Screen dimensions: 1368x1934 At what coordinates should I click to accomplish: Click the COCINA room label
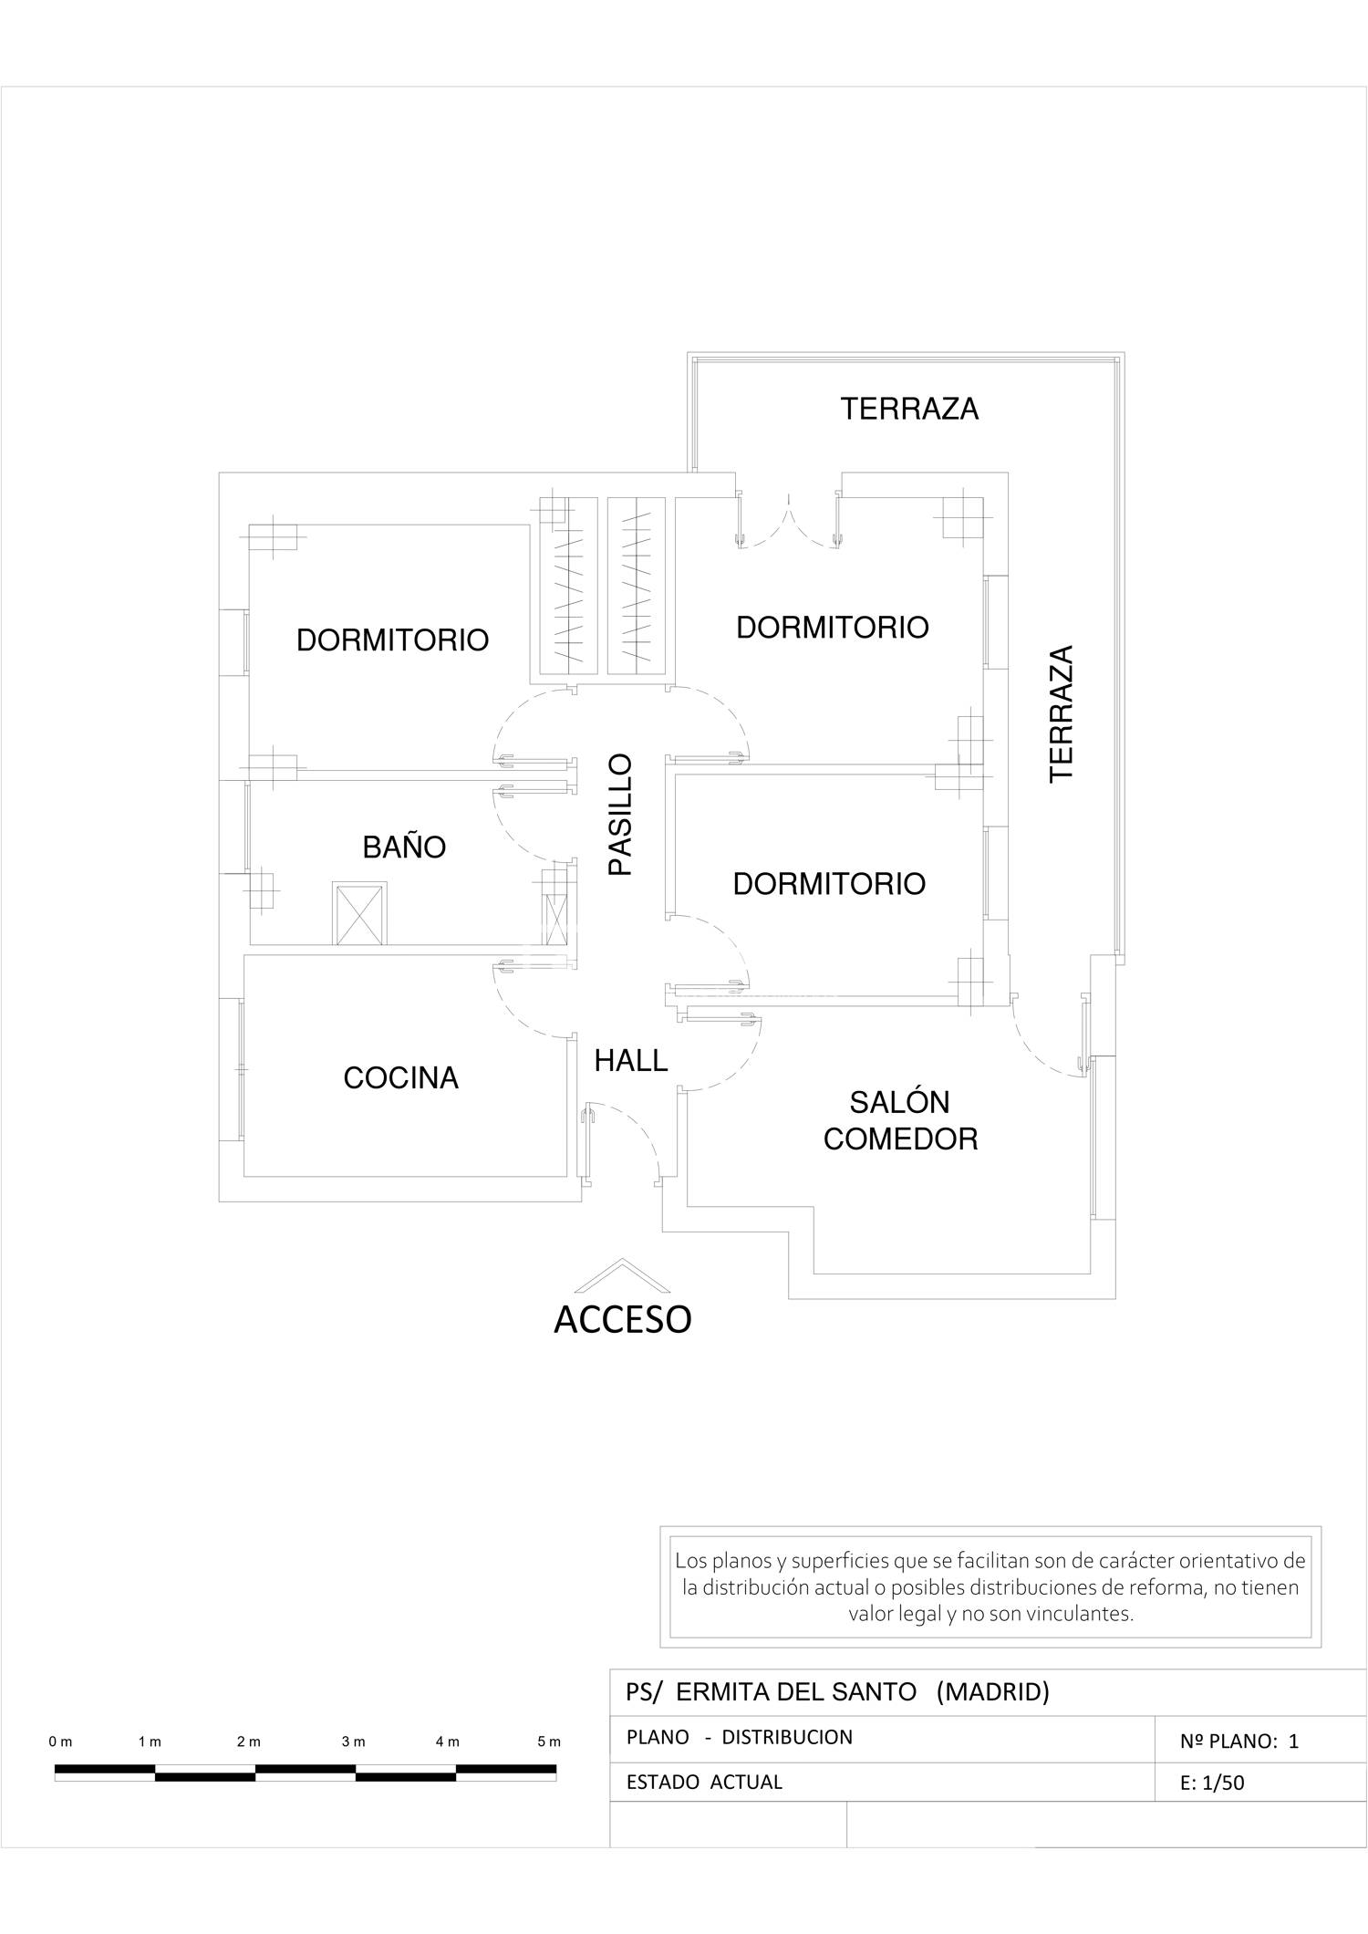coord(400,1078)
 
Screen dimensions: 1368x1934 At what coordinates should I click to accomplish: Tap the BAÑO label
coord(404,847)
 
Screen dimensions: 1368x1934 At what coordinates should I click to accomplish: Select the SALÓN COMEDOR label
coord(900,1121)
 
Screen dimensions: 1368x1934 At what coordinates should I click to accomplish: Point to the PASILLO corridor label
coord(620,815)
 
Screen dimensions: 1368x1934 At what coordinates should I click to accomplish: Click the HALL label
coord(631,1060)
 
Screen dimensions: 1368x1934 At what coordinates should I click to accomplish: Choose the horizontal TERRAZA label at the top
coord(909,409)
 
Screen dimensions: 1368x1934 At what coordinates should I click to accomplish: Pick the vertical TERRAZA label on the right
coord(1062,713)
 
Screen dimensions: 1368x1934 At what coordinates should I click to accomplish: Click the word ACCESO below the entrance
coord(623,1319)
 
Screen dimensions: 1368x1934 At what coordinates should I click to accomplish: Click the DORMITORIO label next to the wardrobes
coord(392,640)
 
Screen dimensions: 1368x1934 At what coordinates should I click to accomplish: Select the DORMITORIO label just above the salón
coord(829,884)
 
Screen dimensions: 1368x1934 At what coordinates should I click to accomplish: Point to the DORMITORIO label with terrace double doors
coord(833,628)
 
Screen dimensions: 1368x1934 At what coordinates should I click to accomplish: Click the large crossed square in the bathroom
coord(359,913)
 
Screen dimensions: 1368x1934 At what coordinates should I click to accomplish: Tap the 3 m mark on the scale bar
coord(354,1742)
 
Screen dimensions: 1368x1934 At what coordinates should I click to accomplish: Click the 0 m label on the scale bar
coord(61,1742)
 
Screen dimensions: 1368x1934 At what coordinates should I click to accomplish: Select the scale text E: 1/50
coord(1212,1783)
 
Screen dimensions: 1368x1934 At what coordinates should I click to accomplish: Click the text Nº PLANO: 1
coord(1239,1741)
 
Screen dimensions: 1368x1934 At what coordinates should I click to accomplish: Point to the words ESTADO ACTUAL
coord(704,1782)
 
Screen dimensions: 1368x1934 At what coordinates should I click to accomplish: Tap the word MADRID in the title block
coord(993,1692)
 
